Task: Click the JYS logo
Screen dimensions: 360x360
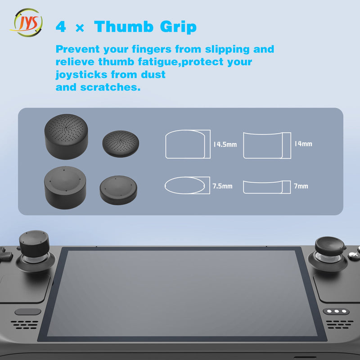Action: (26, 22)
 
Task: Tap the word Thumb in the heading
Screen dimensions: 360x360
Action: (124, 27)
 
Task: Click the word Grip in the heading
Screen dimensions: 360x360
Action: (178, 27)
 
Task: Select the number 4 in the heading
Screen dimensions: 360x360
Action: (61, 27)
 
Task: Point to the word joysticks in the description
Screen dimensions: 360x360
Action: (81, 75)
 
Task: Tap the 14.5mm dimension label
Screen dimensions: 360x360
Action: (225, 144)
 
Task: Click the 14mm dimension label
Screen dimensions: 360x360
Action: (303, 144)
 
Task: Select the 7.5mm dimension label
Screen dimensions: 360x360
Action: (222, 186)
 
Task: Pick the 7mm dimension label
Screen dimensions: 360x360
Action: (301, 186)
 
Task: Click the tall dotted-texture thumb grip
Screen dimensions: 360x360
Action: (66, 137)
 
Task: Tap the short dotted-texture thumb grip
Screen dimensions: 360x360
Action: (121, 144)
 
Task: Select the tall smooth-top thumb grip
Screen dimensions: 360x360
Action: (65, 188)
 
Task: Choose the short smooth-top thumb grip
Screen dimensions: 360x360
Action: (118, 190)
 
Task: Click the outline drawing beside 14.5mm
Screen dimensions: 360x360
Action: (188, 144)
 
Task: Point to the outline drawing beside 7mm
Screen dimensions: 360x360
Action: (267, 187)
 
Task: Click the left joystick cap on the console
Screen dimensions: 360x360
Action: (34, 244)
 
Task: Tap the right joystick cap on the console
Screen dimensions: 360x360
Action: (330, 246)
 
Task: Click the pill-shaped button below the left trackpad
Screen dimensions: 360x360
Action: (28, 311)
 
